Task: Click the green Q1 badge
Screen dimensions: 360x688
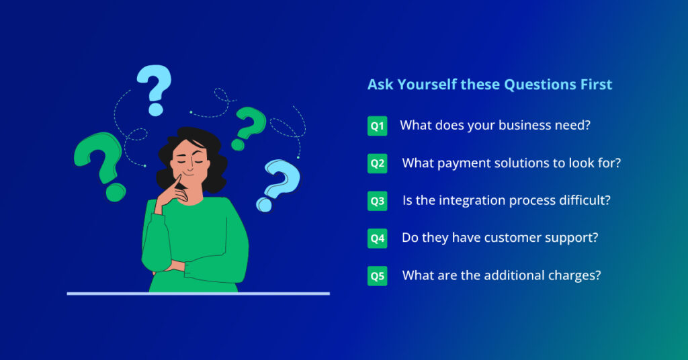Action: click(x=377, y=126)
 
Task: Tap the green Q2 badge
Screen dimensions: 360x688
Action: click(x=377, y=163)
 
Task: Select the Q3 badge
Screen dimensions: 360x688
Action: click(x=377, y=201)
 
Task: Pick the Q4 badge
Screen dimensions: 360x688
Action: click(x=377, y=238)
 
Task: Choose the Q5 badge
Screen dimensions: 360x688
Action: click(x=377, y=275)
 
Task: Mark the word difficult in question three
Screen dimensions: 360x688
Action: click(x=585, y=200)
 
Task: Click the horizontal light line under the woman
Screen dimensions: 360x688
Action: click(x=198, y=294)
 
